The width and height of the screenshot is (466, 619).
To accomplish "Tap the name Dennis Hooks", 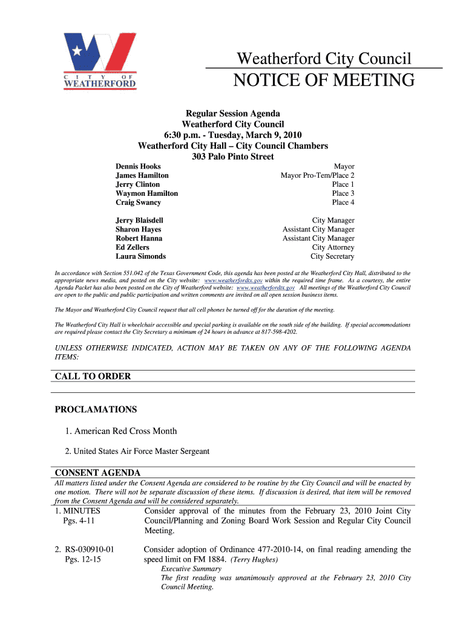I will (x=139, y=166).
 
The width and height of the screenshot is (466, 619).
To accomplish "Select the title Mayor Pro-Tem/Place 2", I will (x=317, y=175).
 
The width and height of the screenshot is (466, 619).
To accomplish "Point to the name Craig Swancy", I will (x=139, y=203).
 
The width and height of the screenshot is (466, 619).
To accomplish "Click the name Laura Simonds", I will (x=140, y=256).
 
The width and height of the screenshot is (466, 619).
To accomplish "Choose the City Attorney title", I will (x=333, y=247).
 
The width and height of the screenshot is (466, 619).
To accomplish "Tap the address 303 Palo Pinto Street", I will (x=232, y=157).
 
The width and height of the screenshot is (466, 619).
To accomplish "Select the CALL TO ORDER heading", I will (x=93, y=376).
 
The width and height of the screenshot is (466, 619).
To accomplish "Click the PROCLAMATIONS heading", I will (x=96, y=409).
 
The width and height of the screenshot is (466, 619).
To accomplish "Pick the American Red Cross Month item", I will (x=125, y=431).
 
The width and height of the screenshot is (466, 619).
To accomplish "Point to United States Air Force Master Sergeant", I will (x=141, y=451).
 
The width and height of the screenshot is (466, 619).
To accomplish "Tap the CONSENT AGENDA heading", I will (x=97, y=472).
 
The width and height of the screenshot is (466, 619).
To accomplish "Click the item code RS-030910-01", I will (x=88, y=549).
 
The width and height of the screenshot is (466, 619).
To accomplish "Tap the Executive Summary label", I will (x=191, y=569).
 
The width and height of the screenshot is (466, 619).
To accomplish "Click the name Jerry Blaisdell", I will (x=139, y=221).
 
